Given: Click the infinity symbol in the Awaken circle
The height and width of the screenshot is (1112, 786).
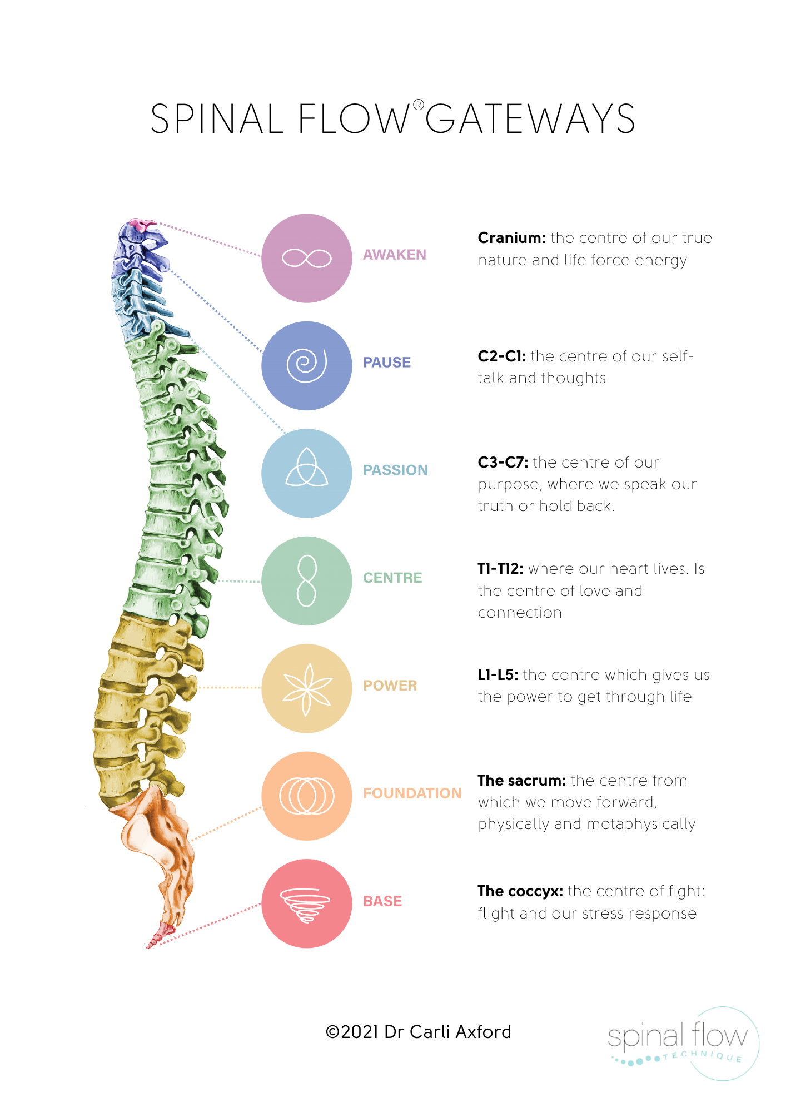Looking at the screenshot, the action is pyautogui.click(x=306, y=258).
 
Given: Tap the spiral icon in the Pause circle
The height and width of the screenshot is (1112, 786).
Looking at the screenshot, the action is pyautogui.click(x=306, y=365).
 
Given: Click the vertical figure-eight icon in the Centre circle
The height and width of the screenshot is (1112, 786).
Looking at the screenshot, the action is pyautogui.click(x=306, y=581).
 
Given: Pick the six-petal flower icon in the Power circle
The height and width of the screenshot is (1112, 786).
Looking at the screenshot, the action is pyautogui.click(x=306, y=689).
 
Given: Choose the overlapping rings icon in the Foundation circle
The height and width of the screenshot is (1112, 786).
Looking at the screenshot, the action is pyautogui.click(x=306, y=796).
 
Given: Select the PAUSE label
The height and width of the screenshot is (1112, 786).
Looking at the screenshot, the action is pyautogui.click(x=387, y=361).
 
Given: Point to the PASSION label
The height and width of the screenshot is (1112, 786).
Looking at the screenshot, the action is pyautogui.click(x=395, y=470).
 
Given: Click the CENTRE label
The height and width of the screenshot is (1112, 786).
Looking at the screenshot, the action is pyautogui.click(x=392, y=578).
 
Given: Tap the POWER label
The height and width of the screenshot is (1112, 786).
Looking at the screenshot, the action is pyautogui.click(x=390, y=686).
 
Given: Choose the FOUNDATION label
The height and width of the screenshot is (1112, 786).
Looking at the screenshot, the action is pyautogui.click(x=412, y=793).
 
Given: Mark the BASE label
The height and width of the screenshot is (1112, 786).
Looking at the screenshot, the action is pyautogui.click(x=385, y=901).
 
